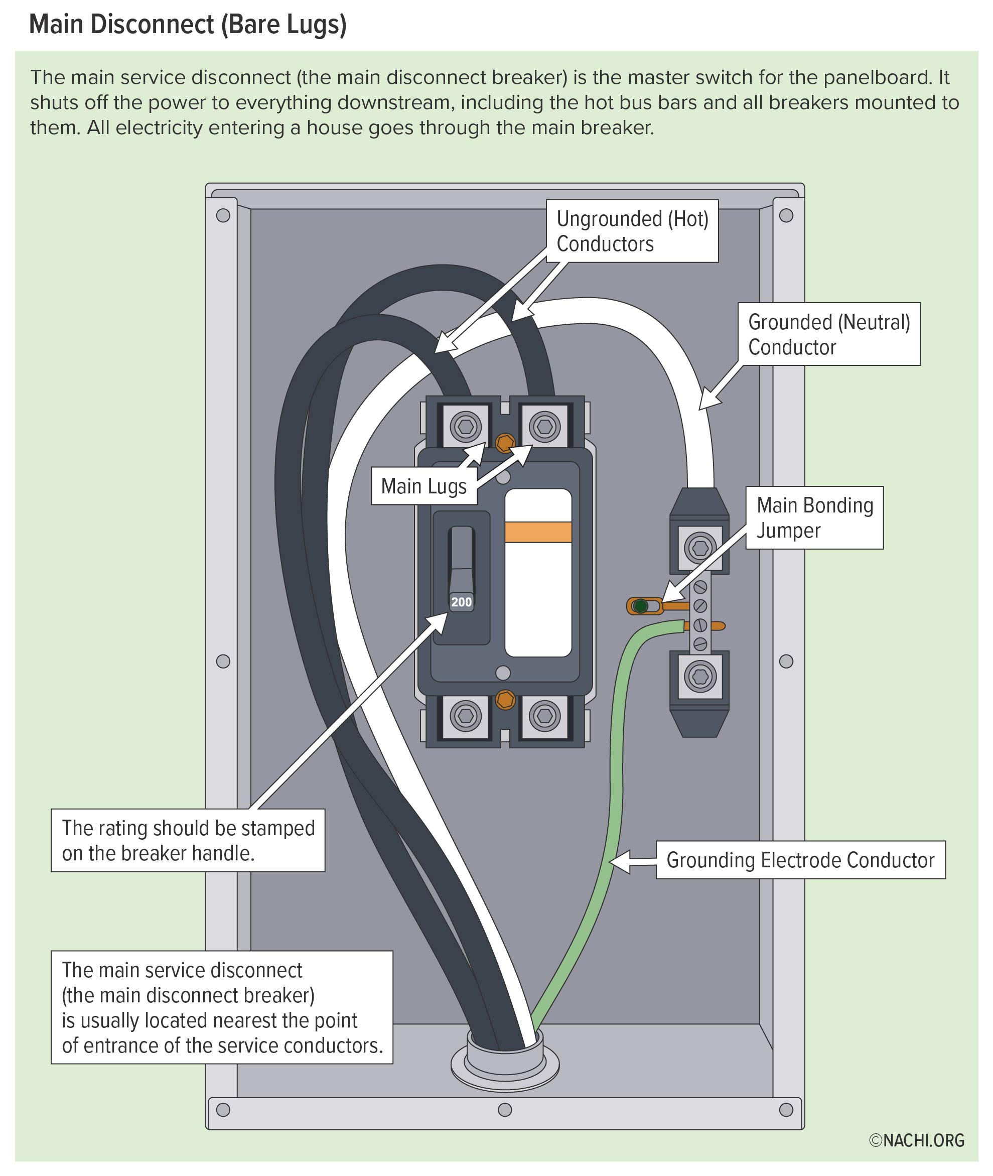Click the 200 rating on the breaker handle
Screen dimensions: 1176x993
[461, 602]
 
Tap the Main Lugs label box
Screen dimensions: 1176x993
[423, 486]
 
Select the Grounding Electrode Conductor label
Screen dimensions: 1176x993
[800, 860]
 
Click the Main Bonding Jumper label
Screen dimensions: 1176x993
[814, 517]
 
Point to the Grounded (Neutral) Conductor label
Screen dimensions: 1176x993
[828, 334]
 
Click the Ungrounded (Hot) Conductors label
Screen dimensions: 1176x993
[632, 231]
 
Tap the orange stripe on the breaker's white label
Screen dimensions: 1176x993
[538, 532]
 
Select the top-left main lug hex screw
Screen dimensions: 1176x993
[466, 427]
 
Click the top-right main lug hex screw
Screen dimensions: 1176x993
[544, 427]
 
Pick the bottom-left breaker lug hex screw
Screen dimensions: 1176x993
[466, 716]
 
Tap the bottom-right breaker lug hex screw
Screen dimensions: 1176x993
[544, 716]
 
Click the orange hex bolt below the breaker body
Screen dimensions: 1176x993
[505, 700]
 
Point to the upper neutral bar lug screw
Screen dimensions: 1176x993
[699, 547]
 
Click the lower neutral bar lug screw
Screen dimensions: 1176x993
[699, 677]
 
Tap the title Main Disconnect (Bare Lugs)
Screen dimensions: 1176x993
[188, 25]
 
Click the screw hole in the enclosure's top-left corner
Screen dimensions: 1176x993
[223, 216]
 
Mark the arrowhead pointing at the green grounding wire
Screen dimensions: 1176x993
[619, 861]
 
